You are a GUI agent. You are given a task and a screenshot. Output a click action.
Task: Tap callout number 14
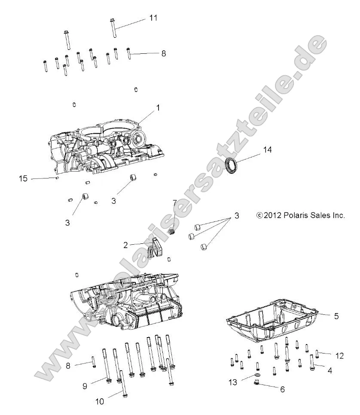coord(268,150)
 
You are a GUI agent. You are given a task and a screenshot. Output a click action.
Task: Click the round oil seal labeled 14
coord(232,166)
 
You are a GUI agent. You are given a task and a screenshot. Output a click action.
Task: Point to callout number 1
coord(158,108)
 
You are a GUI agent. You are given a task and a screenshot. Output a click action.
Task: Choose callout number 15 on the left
coord(23,178)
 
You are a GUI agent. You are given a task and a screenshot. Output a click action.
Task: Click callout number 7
coord(174,202)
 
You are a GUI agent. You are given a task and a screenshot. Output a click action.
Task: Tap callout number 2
coord(125,245)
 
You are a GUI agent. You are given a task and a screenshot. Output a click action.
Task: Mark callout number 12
coord(340,356)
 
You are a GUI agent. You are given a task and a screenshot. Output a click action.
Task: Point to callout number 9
coord(85,386)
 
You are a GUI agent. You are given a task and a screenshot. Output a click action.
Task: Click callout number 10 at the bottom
coord(99,402)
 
